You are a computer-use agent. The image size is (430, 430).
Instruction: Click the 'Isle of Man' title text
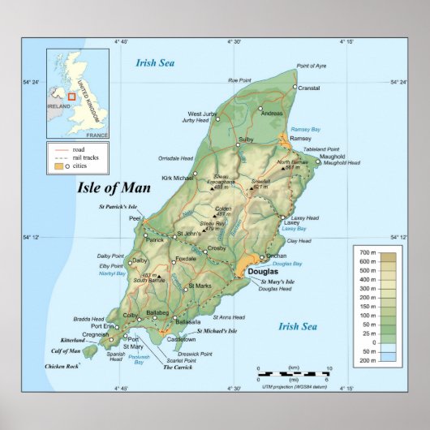pos(114,188)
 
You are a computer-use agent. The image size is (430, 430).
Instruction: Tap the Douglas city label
pos(262,272)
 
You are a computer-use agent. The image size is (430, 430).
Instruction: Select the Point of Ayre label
pos(312,66)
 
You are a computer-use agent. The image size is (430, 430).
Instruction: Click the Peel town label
pos(135,219)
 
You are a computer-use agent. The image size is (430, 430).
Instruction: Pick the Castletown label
pos(182,339)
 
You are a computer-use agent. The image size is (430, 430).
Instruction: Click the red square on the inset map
pos(71,97)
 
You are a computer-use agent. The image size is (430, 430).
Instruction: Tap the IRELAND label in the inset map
pos(58,105)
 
